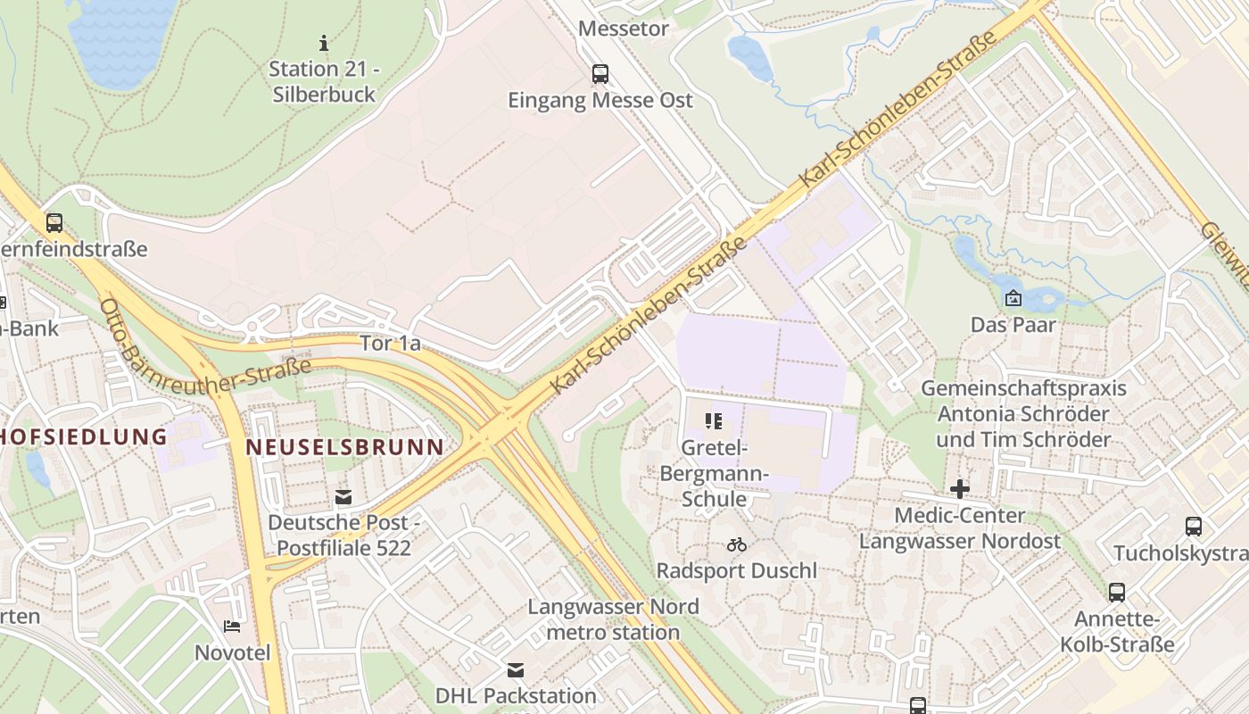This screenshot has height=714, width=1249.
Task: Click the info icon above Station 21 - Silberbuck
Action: coord(324,42)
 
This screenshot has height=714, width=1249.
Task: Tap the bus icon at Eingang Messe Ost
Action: coord(600,73)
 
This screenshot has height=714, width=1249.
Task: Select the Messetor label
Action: coord(624,29)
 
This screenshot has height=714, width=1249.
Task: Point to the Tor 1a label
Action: coord(390,343)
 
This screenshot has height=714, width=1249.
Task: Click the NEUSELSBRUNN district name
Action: coord(344,446)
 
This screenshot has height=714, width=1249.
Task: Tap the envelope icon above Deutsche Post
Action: coord(343,497)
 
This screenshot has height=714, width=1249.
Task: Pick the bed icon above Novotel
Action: coord(232,627)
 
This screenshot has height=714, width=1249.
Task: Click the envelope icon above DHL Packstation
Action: coord(516,669)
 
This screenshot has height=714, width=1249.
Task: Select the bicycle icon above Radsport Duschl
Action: coord(736,544)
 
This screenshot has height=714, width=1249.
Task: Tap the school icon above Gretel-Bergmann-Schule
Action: coord(713,420)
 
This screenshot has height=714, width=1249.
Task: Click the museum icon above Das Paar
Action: coord(1013,298)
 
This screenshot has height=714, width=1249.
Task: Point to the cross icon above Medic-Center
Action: coord(960,489)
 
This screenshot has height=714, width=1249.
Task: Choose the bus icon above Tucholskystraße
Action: coord(1194,527)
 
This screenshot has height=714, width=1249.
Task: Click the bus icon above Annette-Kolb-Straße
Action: coord(1116,592)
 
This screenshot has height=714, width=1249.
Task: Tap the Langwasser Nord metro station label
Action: coord(613,619)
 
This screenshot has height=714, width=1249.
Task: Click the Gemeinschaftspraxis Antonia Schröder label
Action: coord(1023,414)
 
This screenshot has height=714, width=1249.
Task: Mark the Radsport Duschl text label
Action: coord(736,570)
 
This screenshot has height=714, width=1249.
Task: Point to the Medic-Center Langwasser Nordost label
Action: coord(960,528)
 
